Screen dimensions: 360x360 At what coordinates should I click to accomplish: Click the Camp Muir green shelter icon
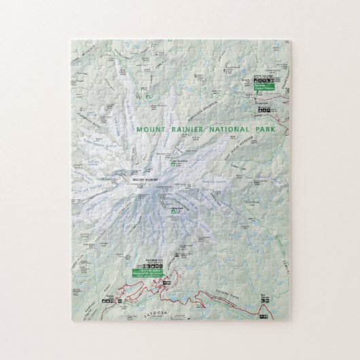pos(175,213)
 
